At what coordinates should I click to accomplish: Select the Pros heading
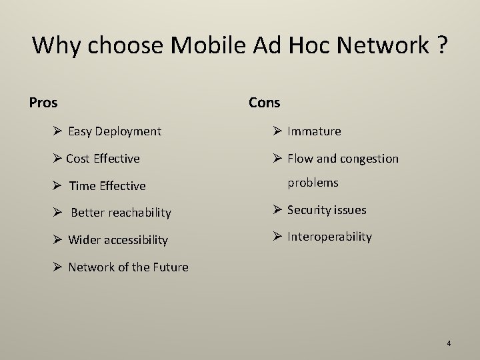(43, 103)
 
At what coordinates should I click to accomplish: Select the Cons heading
(265, 103)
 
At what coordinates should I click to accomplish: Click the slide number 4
(449, 343)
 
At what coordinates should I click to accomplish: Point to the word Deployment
(128, 131)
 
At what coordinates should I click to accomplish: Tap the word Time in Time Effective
(83, 186)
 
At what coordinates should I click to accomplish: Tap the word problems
(313, 182)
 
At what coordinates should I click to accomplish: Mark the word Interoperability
(329, 237)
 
